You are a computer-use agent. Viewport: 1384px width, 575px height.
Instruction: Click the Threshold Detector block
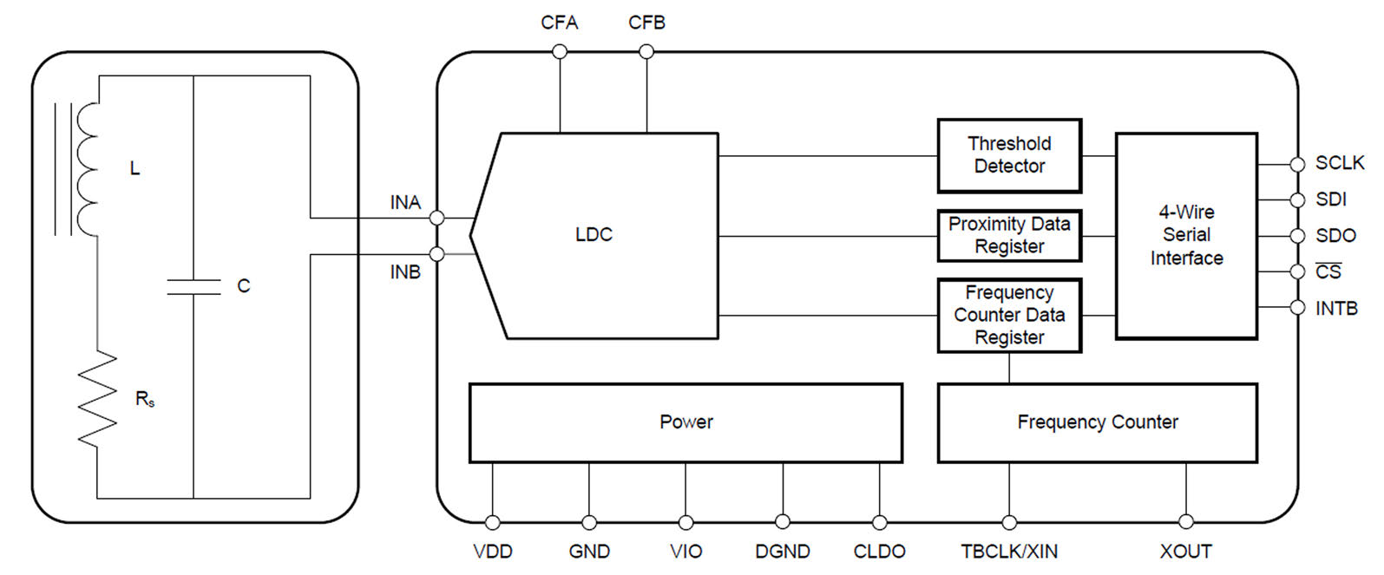[1008, 155]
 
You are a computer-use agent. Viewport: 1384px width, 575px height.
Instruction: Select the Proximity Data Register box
[1008, 235]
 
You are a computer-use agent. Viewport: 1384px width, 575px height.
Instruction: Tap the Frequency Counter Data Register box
[1008, 315]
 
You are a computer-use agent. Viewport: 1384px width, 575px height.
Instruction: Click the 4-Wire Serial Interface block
[1185, 235]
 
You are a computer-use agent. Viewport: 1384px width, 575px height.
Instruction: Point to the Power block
[685, 422]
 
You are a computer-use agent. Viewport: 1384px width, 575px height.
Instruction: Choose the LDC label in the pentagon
[594, 235]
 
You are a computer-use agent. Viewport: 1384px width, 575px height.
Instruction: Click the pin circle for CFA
[560, 52]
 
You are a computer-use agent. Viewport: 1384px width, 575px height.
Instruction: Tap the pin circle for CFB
[646, 52]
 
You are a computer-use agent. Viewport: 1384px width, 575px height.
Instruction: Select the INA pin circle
[437, 217]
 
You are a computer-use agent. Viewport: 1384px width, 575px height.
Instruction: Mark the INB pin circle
[437, 254]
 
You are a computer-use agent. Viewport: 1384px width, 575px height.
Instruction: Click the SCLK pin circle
[1297, 164]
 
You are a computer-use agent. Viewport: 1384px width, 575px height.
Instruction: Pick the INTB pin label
[1336, 309]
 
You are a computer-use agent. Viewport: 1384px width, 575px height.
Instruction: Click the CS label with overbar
[1328, 272]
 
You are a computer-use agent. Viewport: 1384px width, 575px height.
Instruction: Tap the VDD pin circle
[493, 522]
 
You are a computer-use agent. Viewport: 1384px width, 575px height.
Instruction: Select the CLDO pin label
[879, 552]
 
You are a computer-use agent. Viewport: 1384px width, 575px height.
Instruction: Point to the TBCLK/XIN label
[1009, 552]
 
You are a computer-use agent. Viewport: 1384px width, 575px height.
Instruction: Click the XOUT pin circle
[1186, 522]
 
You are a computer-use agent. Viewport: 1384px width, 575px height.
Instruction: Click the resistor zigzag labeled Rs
[97, 397]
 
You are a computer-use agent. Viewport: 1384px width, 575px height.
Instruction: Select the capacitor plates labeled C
[193, 287]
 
